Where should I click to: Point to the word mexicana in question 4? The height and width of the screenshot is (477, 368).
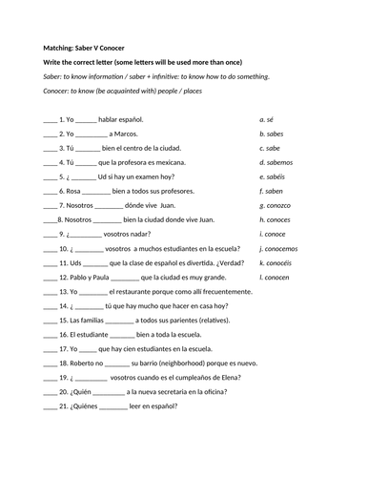(176, 163)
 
